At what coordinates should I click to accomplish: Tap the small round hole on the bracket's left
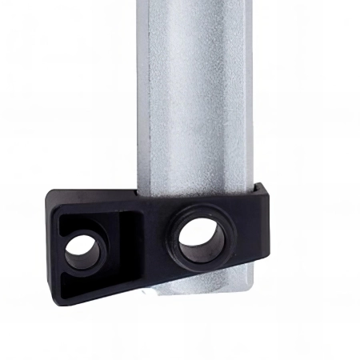point(83,254)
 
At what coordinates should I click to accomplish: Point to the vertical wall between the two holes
point(128,240)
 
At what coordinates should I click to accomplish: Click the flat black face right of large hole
point(244,232)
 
